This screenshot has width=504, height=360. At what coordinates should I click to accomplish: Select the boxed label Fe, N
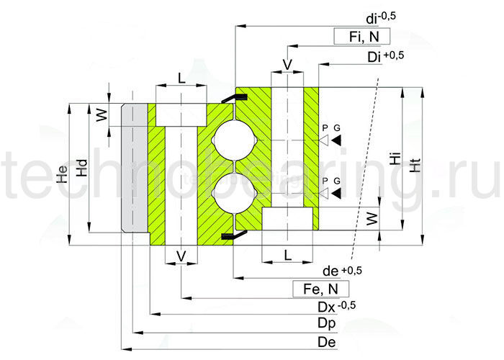pos(321,289)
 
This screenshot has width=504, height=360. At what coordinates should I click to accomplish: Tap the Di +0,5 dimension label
pos(384,56)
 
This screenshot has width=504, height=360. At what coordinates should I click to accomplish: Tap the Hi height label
pos(395,159)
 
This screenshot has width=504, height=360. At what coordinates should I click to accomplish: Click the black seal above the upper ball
pos(229,96)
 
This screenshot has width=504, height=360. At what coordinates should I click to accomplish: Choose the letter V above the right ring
pos(287,65)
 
